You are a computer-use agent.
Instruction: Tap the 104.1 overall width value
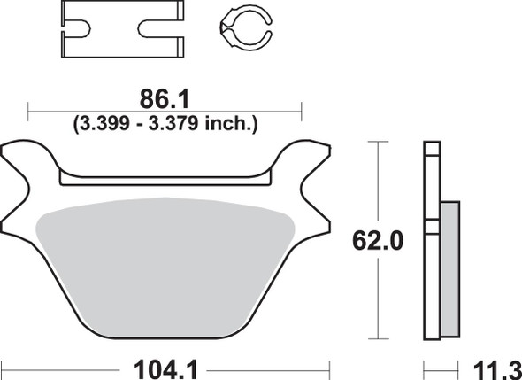point(165,363)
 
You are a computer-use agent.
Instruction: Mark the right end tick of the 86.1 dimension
point(302,111)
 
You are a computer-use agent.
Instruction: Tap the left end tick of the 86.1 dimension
point(29,111)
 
